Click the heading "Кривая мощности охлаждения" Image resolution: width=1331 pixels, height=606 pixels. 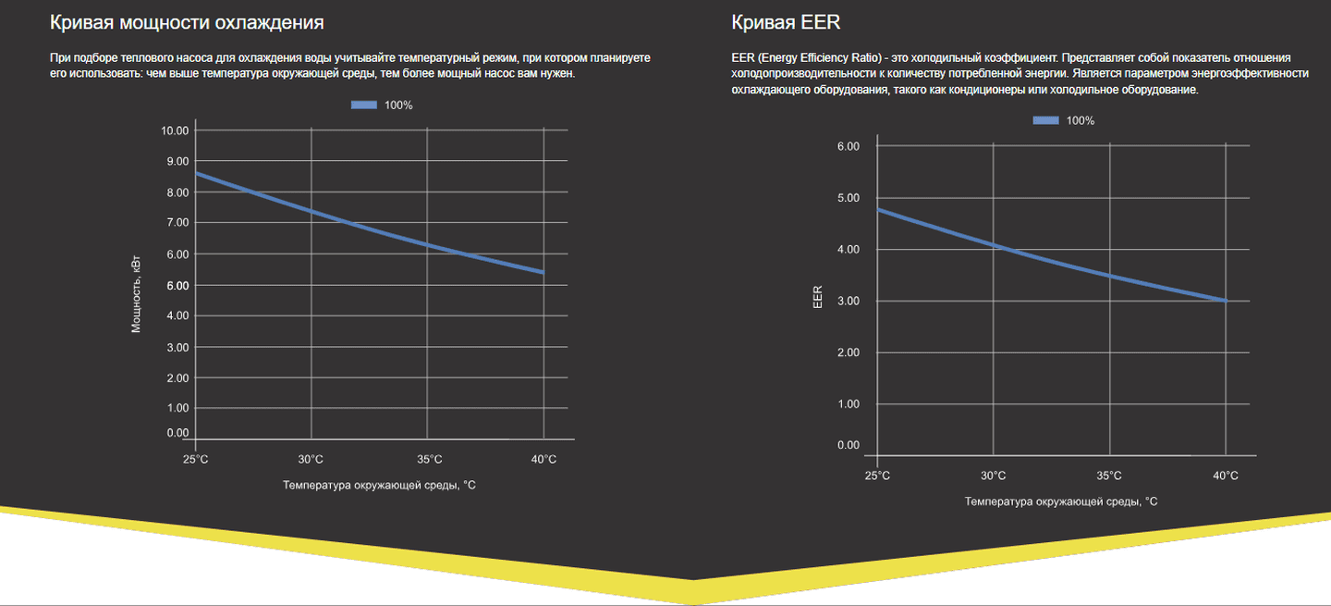(187, 21)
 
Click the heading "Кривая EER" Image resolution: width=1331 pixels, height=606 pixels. (786, 21)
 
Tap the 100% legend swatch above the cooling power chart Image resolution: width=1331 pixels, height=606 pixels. (364, 105)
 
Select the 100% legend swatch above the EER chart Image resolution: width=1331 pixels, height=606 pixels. (1046, 121)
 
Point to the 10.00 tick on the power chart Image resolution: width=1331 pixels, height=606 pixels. (175, 130)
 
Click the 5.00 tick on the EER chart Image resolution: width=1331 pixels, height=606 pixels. (848, 198)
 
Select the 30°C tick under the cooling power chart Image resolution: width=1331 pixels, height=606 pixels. (311, 460)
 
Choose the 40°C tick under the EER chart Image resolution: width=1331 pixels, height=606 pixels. (1226, 476)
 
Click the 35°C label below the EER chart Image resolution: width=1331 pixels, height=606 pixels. (1109, 476)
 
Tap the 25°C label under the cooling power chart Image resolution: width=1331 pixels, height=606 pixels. (196, 460)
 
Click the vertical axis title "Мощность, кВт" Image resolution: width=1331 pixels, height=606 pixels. (136, 293)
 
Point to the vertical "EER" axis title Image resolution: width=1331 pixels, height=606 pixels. (817, 297)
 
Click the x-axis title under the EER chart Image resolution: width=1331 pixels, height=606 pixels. (1061, 501)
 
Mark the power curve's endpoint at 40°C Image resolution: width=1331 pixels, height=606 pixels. (543, 272)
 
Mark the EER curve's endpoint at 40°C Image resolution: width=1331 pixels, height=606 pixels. (1226, 301)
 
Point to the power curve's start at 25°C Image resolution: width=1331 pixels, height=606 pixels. (197, 173)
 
